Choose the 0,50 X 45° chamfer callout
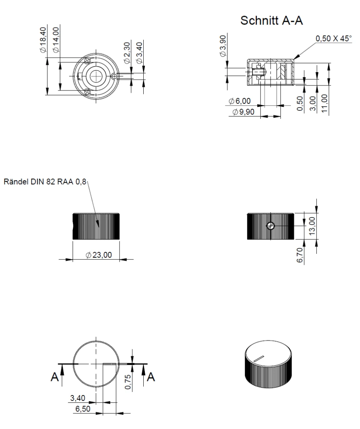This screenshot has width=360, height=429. pyautogui.click(x=333, y=39)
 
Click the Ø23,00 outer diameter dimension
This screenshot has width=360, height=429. pyautogui.click(x=99, y=255)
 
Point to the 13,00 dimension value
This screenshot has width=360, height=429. pyautogui.click(x=313, y=225)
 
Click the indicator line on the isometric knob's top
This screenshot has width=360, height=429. pyautogui.click(x=259, y=358)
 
